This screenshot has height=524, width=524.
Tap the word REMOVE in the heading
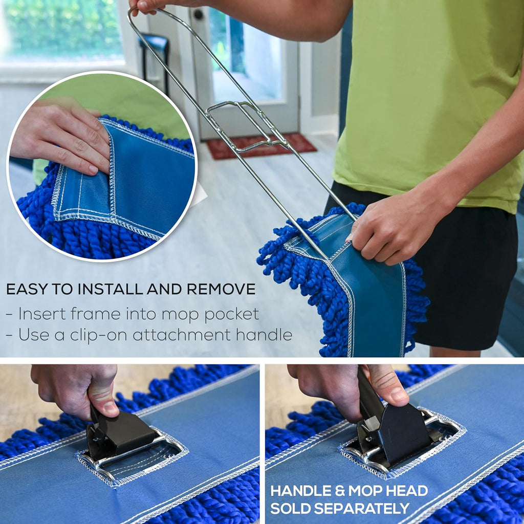tap(221, 289)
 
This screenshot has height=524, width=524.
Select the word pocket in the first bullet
tap(232, 315)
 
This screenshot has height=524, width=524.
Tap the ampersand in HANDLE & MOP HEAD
tap(340, 491)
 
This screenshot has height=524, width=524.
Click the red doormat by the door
tap(261, 146)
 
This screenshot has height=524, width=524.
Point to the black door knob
tap(198, 14)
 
